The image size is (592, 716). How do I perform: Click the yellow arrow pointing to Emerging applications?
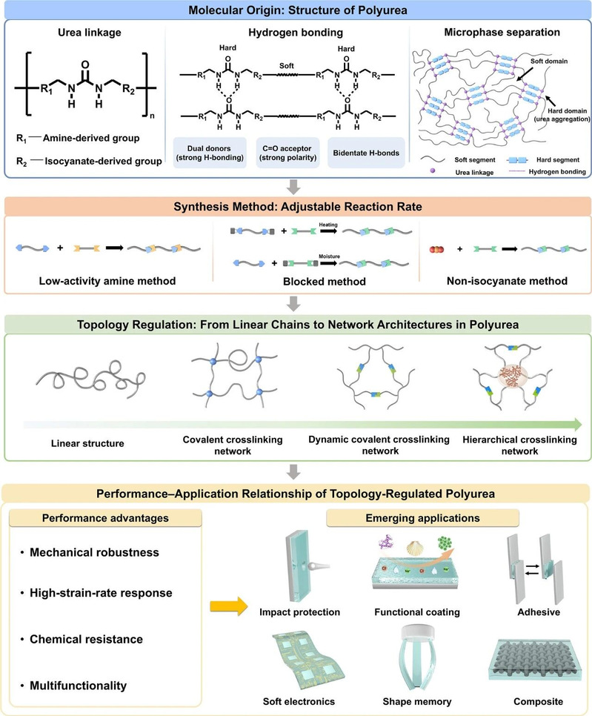(229, 606)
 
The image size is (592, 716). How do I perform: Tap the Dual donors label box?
(210, 153)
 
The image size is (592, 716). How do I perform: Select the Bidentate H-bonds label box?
(366, 153)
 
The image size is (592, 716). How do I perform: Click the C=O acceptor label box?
(287, 153)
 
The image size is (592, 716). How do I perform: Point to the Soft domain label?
(548, 62)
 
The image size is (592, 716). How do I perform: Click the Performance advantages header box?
(105, 518)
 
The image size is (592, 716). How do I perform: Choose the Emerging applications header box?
(422, 518)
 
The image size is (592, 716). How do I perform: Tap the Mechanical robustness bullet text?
(95, 552)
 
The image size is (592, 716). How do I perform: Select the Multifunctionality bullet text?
(78, 686)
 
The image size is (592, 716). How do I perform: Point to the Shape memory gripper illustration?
(417, 659)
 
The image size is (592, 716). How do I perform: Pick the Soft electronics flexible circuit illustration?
(302, 660)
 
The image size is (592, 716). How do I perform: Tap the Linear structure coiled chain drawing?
(91, 378)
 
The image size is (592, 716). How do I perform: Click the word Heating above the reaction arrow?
(328, 225)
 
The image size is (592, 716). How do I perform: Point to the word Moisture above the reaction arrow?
(329, 256)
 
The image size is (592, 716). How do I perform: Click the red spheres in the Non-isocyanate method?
(437, 249)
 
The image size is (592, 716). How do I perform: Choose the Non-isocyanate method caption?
(507, 281)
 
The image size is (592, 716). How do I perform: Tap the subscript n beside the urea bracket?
(152, 116)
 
